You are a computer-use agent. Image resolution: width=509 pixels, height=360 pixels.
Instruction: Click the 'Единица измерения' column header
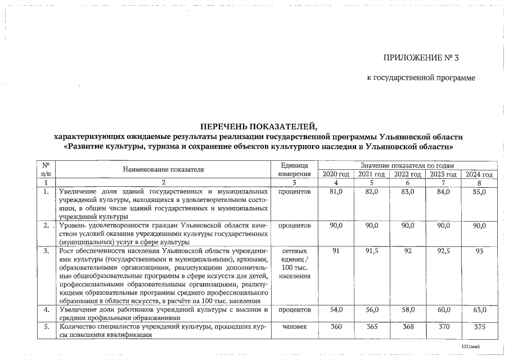294,169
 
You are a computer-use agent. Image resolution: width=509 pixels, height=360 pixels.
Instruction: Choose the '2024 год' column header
479,174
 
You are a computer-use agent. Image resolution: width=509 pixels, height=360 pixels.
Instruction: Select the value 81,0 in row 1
336,192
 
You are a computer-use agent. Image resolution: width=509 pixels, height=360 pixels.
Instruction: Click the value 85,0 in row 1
479,192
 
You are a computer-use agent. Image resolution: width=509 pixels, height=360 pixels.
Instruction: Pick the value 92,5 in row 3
444,251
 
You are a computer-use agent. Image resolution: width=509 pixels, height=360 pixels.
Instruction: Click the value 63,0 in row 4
479,310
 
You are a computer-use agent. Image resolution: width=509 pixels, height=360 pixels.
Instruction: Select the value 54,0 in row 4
336,310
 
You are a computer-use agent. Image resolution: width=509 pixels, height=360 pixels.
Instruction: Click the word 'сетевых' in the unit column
294,251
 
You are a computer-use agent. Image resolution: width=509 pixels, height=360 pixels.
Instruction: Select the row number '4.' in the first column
47,310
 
